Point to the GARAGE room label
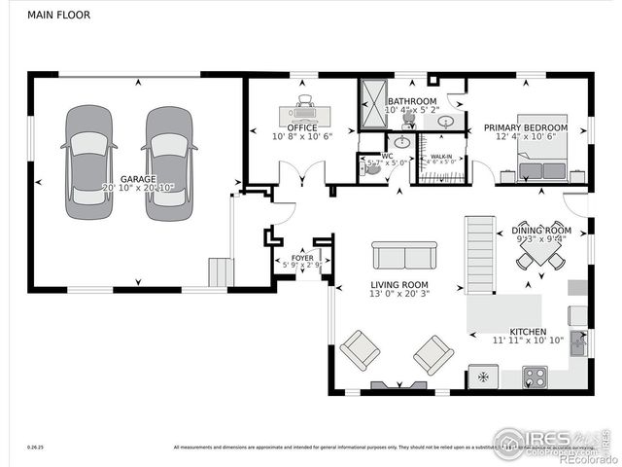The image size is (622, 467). point(138,180)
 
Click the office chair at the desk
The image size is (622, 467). point(305,99)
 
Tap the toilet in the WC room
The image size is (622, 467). point(370,166)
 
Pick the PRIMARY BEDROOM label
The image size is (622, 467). point(534,128)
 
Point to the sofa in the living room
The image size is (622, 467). point(402,256)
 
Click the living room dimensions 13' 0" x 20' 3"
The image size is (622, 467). point(398,298)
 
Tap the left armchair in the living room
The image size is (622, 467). point(360,349)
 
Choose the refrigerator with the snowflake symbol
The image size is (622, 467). point(482,376)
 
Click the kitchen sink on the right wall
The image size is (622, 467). point(580,341)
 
